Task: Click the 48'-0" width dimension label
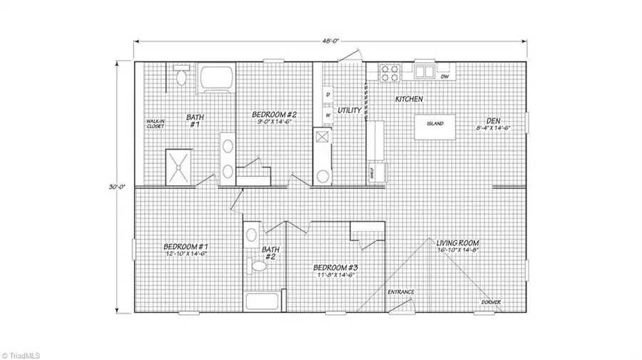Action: (330, 41)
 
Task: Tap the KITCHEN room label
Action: (409, 98)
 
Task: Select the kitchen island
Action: (435, 124)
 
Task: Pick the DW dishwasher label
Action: (444, 76)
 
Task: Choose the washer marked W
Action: (327, 113)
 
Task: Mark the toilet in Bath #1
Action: (181, 76)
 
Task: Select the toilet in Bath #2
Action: (257, 266)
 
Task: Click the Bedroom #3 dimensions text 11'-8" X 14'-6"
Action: (335, 276)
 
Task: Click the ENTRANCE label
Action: (401, 292)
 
